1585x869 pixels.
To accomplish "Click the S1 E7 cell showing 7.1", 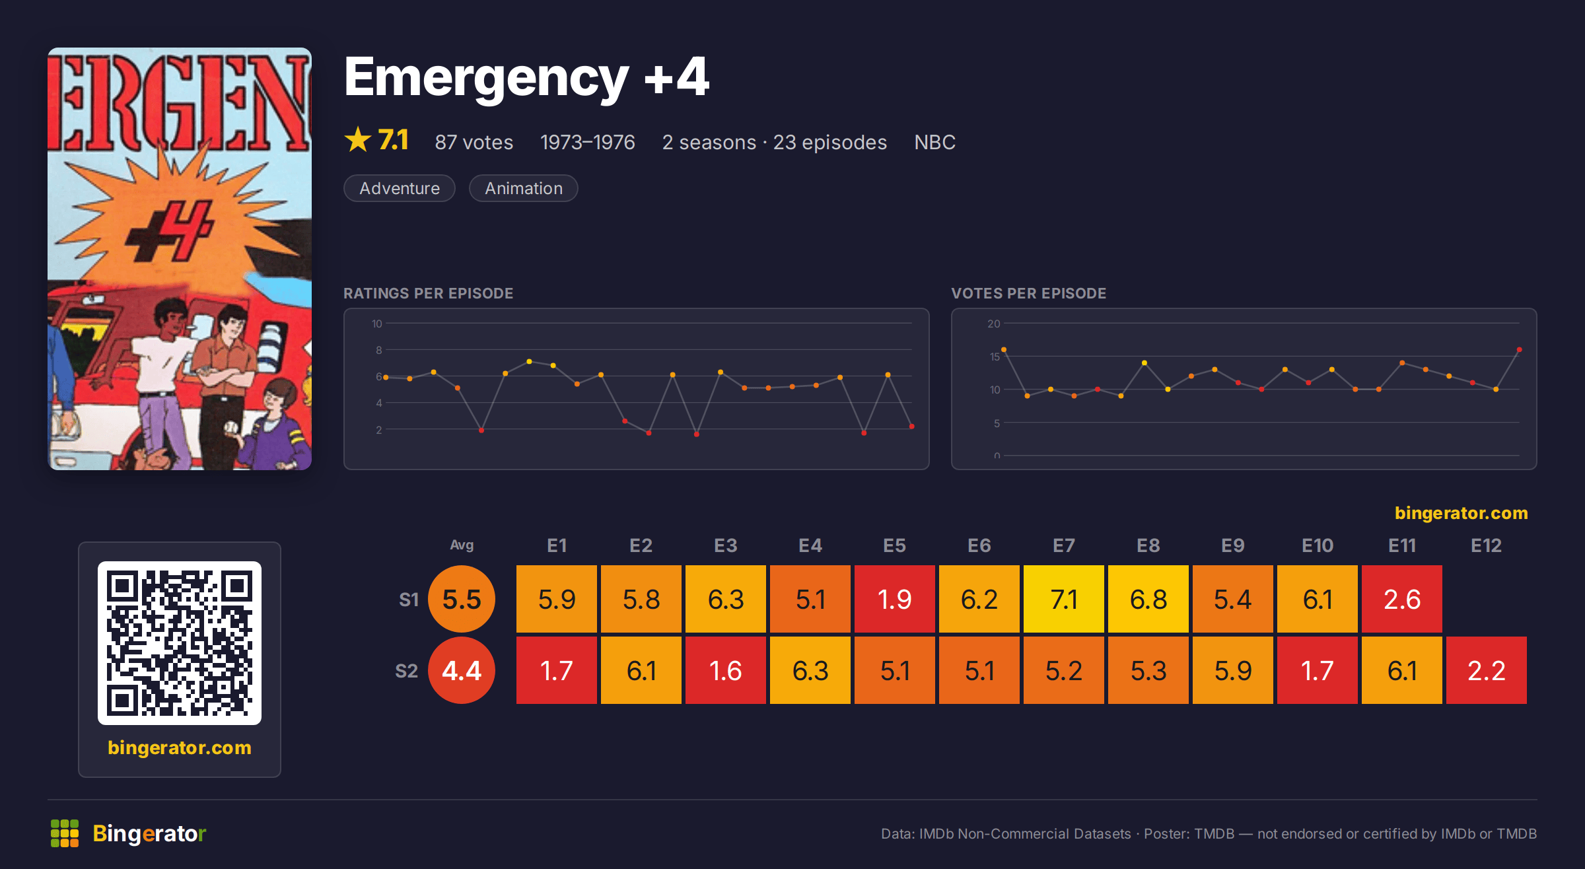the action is point(1063,599).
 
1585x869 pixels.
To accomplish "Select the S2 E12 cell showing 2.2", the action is point(1486,670).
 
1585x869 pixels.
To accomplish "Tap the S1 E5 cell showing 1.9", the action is point(894,599).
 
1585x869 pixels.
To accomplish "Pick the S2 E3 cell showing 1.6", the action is point(725,670).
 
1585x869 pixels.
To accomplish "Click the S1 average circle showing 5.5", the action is point(462,599).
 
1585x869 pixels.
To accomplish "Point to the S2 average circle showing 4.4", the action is point(462,670).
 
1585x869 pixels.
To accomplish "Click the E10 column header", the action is point(1317,545).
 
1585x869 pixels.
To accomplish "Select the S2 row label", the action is point(407,671).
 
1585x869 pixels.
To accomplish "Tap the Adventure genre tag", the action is point(400,188).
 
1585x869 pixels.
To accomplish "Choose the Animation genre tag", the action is point(524,188).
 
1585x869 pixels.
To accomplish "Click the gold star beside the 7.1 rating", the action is point(358,139).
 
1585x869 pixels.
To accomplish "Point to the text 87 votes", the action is point(474,142).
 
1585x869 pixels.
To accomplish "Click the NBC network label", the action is point(934,142).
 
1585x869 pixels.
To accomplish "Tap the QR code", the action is point(180,643).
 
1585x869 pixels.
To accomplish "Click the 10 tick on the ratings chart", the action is point(377,324).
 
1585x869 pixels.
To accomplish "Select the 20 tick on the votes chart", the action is point(994,324).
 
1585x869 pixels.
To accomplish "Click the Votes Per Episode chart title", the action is point(1028,293).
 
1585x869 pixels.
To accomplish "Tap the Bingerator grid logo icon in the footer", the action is point(65,833).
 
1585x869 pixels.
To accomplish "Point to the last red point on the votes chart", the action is point(1519,349).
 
